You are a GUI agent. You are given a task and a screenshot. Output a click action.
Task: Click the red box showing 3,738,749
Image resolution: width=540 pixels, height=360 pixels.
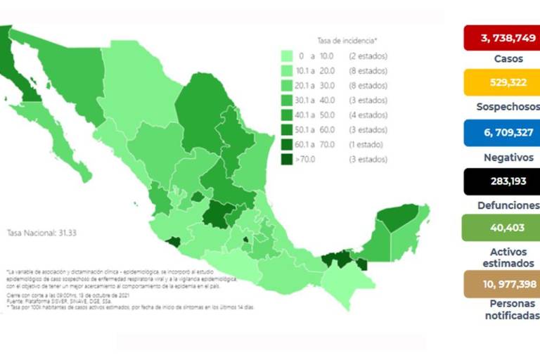(x=501, y=37)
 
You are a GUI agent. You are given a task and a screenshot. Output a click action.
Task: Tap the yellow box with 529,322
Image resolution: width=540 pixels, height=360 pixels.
(x=501, y=82)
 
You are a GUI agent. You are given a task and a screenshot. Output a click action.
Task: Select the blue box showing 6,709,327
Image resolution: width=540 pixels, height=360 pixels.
(x=501, y=132)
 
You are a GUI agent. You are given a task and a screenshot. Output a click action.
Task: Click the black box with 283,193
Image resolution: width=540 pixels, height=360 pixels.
(x=501, y=181)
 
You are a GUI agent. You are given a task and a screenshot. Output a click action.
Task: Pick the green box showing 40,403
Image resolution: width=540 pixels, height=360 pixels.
(x=501, y=228)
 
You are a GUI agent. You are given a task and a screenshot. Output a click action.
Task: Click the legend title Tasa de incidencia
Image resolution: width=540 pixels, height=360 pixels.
(x=347, y=41)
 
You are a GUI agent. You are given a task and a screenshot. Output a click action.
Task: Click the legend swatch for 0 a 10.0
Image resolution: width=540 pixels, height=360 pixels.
(x=287, y=56)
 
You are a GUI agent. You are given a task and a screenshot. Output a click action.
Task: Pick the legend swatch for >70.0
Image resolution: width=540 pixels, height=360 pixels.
(x=287, y=159)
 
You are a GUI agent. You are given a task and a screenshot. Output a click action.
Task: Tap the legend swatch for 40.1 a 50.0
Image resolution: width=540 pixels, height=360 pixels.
(x=287, y=115)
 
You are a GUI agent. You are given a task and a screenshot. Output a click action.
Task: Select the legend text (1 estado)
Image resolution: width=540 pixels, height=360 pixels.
(x=366, y=144)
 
